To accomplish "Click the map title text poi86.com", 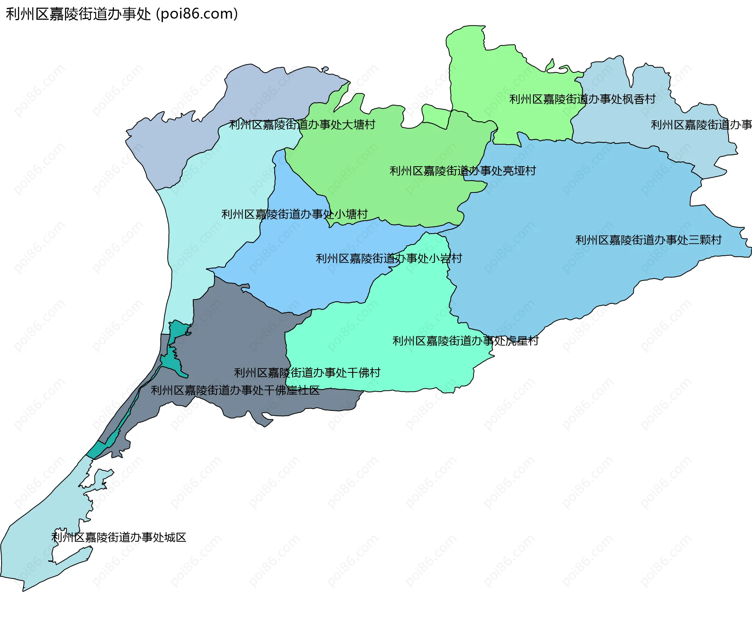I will point(121,14).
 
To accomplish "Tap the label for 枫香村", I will point(582,99).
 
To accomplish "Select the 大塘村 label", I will point(302,125).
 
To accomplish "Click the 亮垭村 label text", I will point(463,171).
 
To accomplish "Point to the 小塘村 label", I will point(295,214).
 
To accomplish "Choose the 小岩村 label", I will point(389,258).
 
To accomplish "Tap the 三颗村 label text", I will point(648,240).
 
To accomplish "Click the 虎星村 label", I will point(465,341).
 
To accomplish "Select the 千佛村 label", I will point(307,372).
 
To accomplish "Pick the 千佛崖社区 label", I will point(235,390).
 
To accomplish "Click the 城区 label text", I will point(119,537).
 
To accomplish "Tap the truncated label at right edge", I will point(701,125).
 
